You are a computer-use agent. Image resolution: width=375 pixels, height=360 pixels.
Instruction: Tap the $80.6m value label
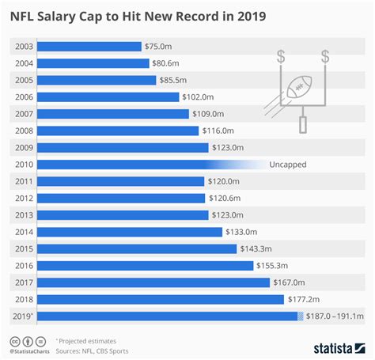tap(167, 63)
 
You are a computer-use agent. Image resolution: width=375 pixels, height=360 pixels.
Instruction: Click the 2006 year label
tap(24, 97)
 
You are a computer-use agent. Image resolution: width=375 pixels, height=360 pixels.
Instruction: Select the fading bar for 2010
tap(142, 165)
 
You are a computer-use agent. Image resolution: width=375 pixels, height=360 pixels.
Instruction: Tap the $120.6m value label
tap(226, 198)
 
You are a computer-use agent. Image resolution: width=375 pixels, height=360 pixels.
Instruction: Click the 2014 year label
tap(24, 232)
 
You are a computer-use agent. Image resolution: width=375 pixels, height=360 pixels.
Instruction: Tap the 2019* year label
tap(25, 316)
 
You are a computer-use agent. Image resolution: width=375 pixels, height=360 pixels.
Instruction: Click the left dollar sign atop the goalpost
tap(282, 57)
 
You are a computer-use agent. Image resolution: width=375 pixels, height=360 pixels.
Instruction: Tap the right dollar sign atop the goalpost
tap(325, 57)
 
